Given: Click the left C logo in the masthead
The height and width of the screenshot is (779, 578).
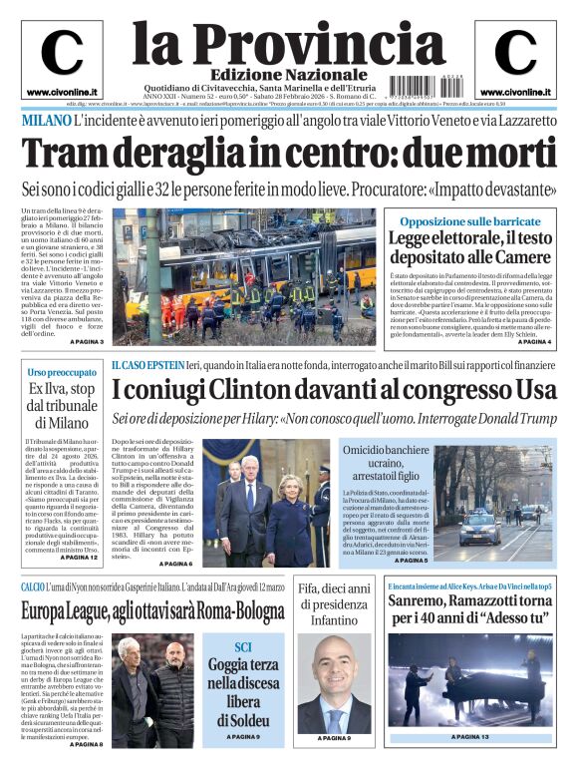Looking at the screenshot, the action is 62,53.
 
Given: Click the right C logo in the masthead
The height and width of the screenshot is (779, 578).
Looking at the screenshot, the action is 515,53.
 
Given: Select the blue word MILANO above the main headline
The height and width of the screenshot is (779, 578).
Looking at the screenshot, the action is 45,121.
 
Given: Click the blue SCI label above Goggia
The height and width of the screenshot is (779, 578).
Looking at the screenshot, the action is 243,645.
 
